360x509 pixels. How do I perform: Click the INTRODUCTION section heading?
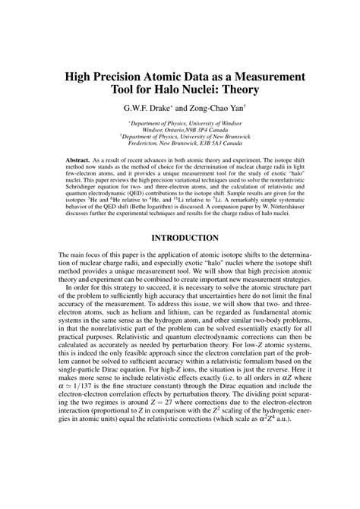tap(179, 238)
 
